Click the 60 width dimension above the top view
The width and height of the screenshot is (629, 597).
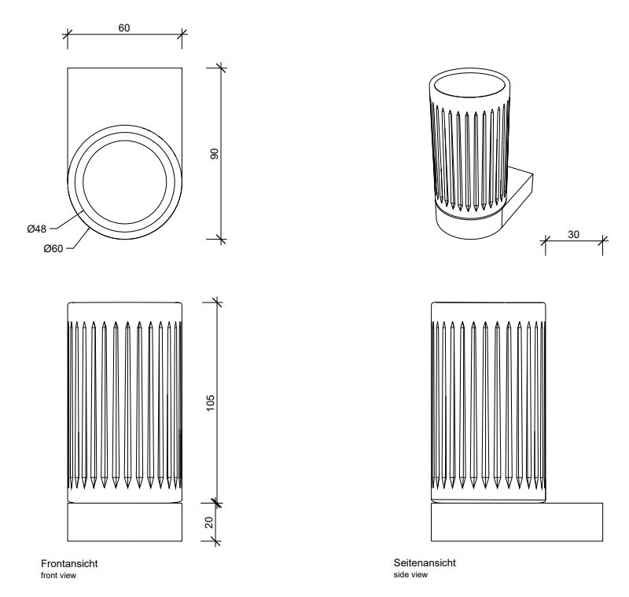[124, 27]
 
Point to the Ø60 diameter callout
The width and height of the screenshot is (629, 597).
[53, 249]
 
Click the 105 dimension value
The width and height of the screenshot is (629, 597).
[210, 401]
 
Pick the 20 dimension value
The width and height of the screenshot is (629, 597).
[210, 522]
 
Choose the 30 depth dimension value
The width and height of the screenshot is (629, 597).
[575, 234]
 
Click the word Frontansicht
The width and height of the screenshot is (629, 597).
[69, 563]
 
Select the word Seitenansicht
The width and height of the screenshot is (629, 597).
[425, 563]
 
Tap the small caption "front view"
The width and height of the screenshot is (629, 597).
[58, 575]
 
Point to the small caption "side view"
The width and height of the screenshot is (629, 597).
[410, 575]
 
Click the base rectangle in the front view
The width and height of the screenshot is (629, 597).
[125, 522]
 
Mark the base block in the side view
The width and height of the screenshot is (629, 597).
[517, 522]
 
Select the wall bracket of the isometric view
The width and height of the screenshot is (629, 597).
[519, 196]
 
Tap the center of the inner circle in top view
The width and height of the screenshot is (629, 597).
[125, 183]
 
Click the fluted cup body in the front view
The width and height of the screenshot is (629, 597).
[125, 401]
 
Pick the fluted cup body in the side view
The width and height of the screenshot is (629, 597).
[488, 401]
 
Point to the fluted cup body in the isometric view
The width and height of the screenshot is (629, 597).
[467, 157]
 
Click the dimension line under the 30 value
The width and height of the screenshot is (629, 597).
[575, 242]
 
